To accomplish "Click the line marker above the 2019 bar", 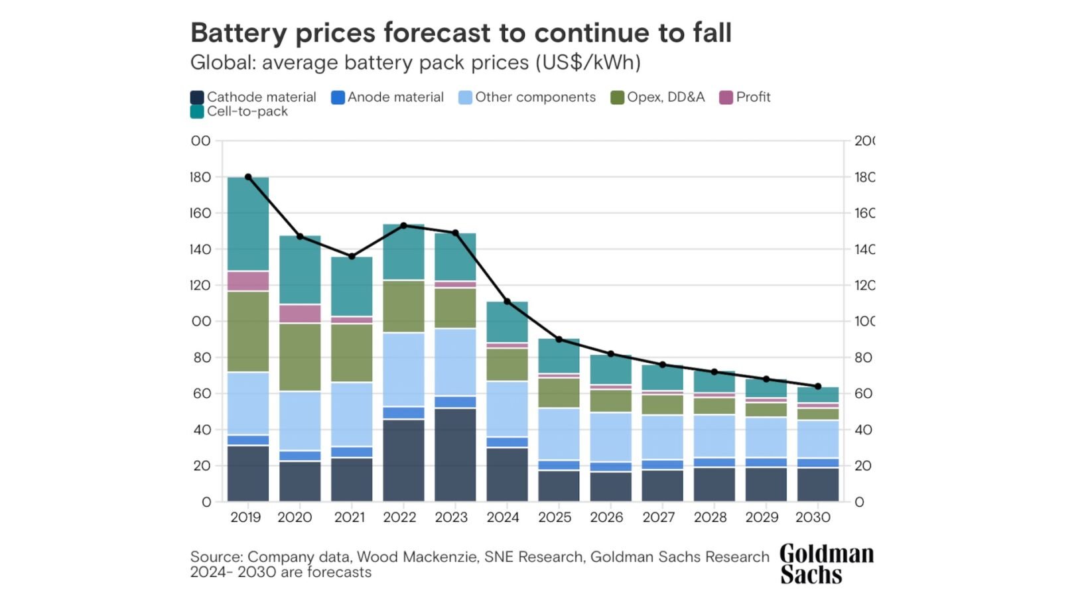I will coord(248,177).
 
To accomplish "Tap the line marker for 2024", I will coord(508,302).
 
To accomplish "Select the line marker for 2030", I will coord(818,387).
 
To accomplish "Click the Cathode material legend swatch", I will coord(197,97).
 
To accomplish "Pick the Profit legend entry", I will coord(745,97).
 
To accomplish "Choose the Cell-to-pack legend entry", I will coord(239,111).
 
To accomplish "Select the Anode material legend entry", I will coord(388,97).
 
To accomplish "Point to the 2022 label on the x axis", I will coord(399,517).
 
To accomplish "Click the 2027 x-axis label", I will coord(658,517).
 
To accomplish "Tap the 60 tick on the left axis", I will coord(202,393).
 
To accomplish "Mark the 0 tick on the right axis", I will coord(859,502).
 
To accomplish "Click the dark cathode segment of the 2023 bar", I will coord(455,454).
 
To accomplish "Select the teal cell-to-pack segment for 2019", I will coord(248,224).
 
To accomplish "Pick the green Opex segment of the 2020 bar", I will coord(300,357).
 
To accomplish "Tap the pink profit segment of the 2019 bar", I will coord(248,281).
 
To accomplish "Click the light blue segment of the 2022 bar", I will coord(403,369).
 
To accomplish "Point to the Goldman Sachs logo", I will coord(826,564).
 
